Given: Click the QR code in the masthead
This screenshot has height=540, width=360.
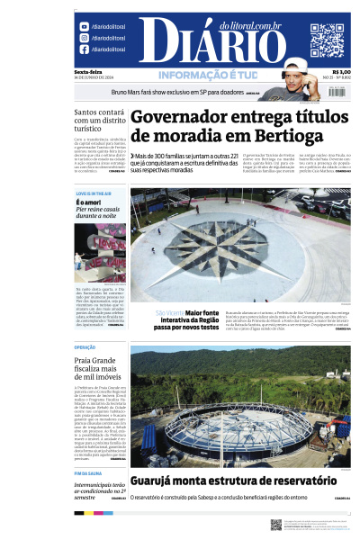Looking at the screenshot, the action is [327, 40].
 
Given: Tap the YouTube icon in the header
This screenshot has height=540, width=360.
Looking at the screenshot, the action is [84, 27].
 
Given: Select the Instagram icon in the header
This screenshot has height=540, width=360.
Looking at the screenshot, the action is [84, 39].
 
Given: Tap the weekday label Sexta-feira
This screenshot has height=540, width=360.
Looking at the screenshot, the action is [88, 73].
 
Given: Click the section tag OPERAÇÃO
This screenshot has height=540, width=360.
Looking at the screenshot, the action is [85, 346].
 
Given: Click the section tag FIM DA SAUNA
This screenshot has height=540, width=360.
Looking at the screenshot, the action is [89, 472].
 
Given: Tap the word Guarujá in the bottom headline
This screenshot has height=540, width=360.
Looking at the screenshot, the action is [157, 481].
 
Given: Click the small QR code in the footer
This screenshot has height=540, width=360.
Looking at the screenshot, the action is [275, 524].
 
